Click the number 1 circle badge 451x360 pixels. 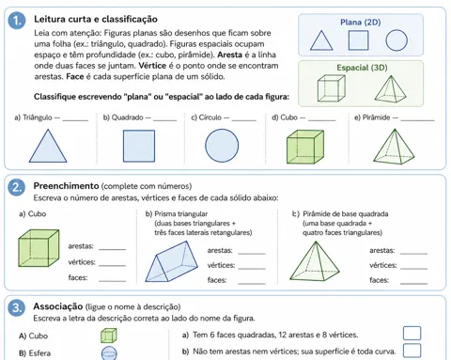tap(17, 21)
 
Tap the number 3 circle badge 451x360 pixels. tap(16, 307)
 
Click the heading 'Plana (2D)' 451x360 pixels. tap(361, 23)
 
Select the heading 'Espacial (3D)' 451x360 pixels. tap(362, 68)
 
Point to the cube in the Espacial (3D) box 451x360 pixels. tap(332, 88)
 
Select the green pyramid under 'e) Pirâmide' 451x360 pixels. tap(394, 147)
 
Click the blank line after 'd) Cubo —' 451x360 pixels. tap(322, 120)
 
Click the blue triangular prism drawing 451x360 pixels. tap(171, 262)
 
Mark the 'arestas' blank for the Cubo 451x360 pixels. tap(112, 249)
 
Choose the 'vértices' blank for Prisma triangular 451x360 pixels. tap(252, 269)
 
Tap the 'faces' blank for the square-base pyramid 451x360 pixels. tap(413, 284)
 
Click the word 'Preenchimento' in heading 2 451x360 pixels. tap(66, 186)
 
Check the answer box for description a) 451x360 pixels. tap(412, 334)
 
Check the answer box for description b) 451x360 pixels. tap(412, 351)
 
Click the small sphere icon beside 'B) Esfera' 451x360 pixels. tap(109, 353)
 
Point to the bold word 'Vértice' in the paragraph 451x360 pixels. tap(152, 66)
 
